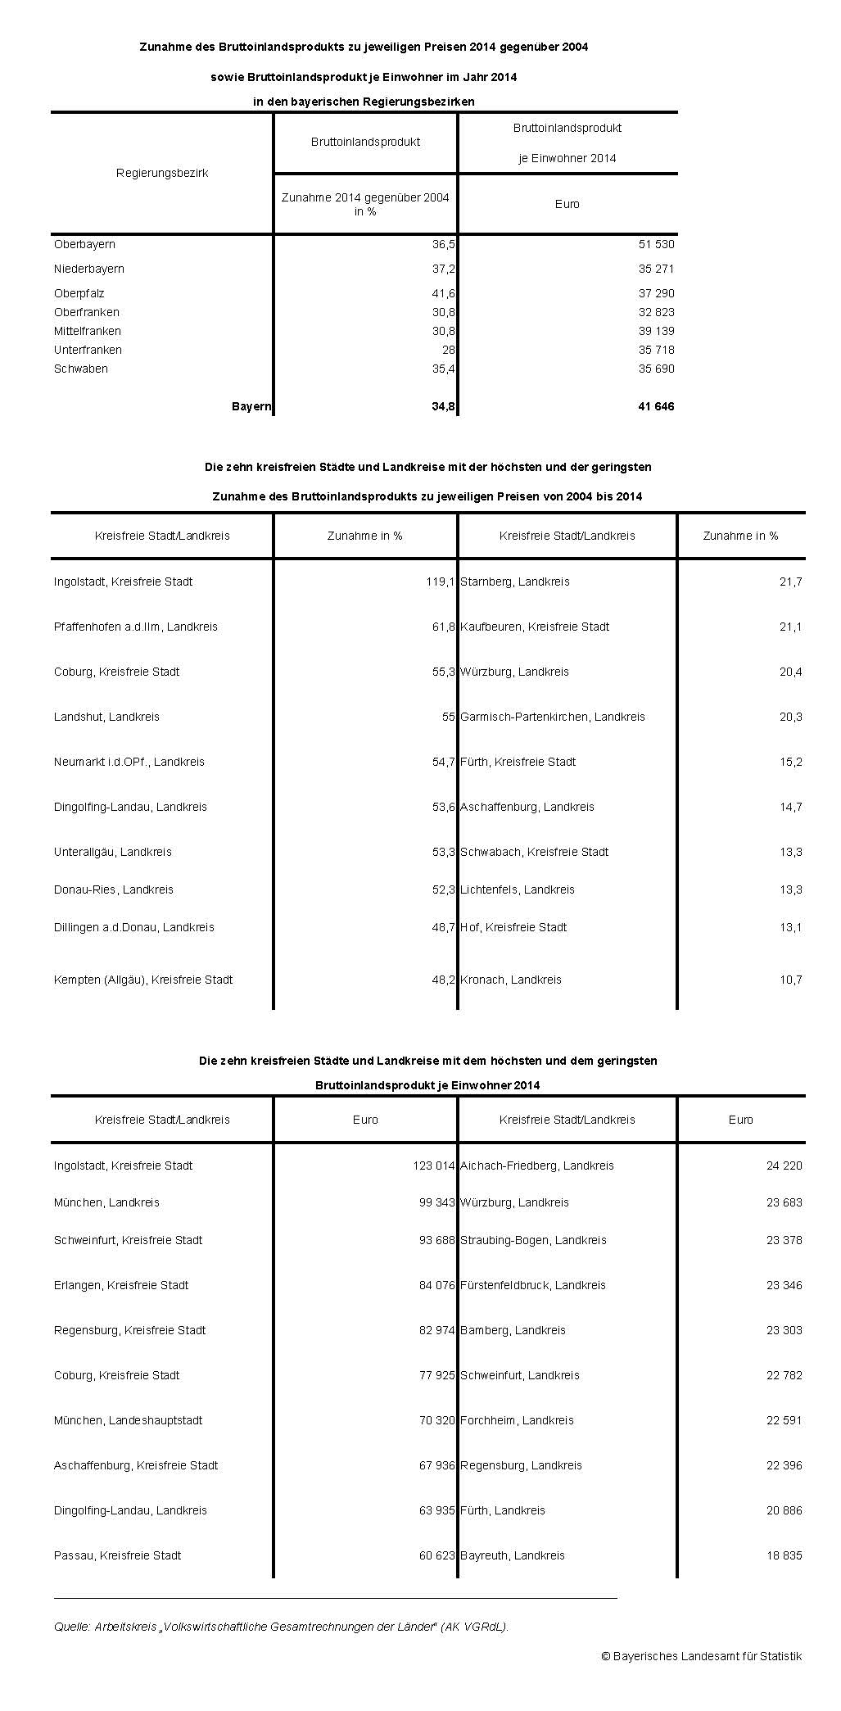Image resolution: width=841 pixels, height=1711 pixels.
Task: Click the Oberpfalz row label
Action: point(79,293)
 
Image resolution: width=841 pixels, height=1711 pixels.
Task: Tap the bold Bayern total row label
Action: point(251,406)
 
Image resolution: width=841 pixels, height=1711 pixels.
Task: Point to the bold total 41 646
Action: point(656,406)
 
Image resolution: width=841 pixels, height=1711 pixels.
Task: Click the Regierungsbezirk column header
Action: point(162,173)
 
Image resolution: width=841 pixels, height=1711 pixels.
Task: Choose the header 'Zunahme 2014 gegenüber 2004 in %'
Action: point(365,205)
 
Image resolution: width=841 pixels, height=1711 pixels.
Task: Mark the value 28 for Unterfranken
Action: point(448,350)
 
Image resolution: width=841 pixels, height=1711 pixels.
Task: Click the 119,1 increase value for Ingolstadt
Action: point(440,582)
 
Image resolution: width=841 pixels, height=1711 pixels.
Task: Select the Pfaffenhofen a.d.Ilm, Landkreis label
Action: point(136,627)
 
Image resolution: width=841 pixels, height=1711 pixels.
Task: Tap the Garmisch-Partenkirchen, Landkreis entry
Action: point(553,717)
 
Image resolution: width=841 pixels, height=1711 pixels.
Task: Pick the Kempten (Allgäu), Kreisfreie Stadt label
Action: point(143,980)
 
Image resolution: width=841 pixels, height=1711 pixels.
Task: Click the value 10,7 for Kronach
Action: point(790,980)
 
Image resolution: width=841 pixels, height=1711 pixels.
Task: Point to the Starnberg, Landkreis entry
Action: point(515,582)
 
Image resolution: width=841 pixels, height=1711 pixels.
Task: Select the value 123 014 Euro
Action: point(433,1166)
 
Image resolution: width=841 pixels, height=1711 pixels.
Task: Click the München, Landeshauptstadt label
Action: point(129,1420)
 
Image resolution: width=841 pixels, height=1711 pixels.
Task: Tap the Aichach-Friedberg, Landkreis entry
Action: point(537,1166)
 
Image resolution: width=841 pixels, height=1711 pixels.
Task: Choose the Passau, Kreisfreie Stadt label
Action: point(118,1555)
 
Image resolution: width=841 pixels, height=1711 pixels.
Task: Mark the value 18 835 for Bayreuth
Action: point(784,1555)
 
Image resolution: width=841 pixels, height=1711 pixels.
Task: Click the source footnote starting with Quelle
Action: point(282,1627)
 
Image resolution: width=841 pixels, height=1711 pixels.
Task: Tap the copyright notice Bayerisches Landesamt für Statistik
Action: point(702,1656)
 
